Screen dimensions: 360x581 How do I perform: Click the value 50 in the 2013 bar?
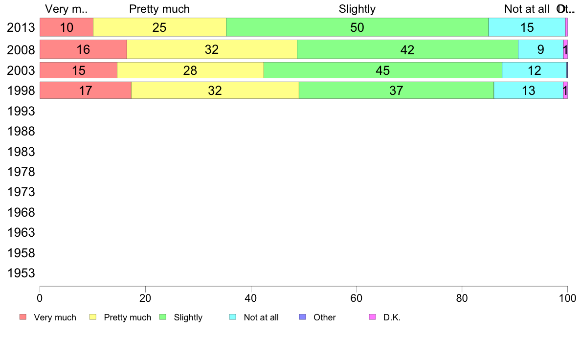357,27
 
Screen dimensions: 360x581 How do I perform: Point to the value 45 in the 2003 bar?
382,70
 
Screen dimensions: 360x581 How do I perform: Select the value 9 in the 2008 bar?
540,49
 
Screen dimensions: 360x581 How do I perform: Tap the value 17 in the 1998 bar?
85,90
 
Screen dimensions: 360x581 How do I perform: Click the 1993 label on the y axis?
21,111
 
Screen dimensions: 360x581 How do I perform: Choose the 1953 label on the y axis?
21,273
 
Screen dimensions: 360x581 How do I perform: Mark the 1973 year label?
21,192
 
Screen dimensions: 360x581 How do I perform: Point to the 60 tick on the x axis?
357,297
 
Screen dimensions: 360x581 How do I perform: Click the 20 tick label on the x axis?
145,297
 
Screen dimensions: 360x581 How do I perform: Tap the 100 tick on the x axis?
567,297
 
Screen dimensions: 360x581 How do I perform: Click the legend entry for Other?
324,317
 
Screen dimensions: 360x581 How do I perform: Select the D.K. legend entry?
392,317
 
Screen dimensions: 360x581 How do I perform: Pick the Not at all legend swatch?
233,317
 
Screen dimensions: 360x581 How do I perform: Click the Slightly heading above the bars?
357,9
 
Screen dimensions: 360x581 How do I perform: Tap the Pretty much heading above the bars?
159,9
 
